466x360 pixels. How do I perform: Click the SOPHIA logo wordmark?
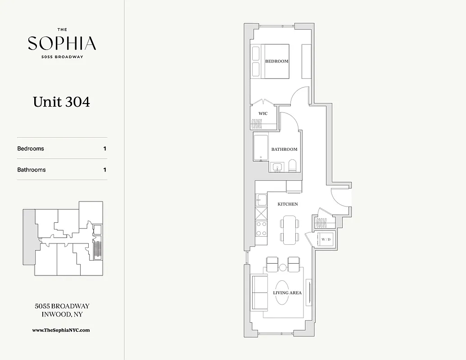(62, 44)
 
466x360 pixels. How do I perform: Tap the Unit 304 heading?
(62, 102)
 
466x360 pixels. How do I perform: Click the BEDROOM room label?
(276, 61)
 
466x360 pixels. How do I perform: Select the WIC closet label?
(263, 113)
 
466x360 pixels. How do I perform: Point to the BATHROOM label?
(284, 149)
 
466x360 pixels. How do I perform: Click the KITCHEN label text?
(288, 204)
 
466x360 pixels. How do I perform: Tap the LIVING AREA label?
(287, 293)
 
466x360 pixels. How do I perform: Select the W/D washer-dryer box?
(326, 239)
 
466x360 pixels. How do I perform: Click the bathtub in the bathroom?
(261, 147)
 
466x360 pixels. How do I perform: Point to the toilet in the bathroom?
(292, 166)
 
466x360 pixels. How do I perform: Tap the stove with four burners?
(261, 228)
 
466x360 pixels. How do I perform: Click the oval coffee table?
(283, 293)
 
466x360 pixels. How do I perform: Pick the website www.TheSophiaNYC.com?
(61, 330)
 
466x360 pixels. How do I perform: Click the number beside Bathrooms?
(105, 170)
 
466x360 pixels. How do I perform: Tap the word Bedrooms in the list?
(31, 148)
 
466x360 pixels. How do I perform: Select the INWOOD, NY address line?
(62, 315)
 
